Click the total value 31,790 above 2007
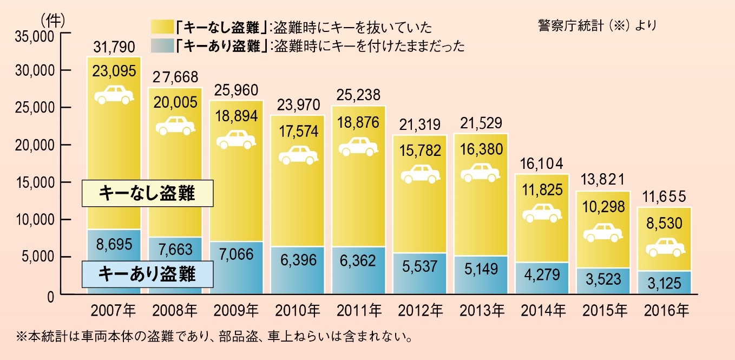coord(114,47)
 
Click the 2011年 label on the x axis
coord(359,311)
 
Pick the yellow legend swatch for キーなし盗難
coord(163,27)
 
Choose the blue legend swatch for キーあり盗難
coord(163,46)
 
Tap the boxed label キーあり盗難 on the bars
coord(146,274)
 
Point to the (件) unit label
coord(52,19)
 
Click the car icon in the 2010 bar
coord(298,155)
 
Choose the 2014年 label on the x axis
coord(544,311)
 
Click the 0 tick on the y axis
coord(50,295)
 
